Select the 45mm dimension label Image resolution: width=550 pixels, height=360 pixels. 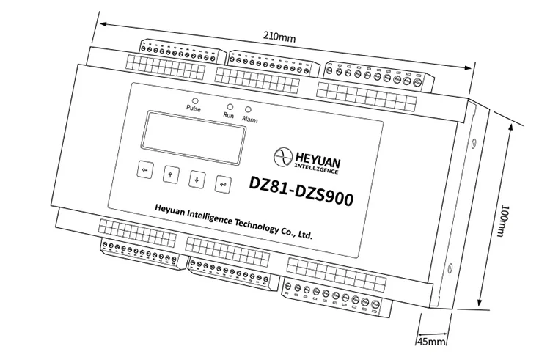click(x=432, y=342)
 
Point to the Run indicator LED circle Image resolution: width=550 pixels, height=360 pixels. click(x=230, y=106)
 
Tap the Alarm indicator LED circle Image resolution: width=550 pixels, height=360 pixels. click(x=248, y=109)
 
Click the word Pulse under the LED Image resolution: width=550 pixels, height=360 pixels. click(x=193, y=109)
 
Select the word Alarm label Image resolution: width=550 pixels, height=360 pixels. click(x=249, y=118)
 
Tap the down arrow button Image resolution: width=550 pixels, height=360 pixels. click(x=197, y=178)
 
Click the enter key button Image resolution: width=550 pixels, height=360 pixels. click(x=223, y=184)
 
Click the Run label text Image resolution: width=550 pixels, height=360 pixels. click(x=228, y=115)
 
